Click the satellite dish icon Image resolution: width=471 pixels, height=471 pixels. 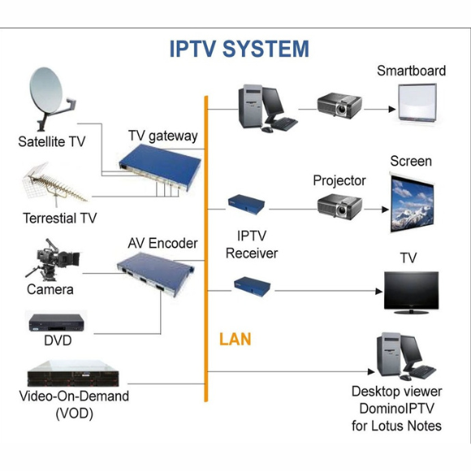pyautogui.click(x=51, y=97)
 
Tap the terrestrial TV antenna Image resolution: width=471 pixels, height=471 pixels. pyautogui.click(x=54, y=184)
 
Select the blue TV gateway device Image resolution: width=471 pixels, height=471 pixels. pyautogui.click(x=160, y=166)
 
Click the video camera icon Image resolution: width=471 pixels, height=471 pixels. pyautogui.click(x=53, y=260)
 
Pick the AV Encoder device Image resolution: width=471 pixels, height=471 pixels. pyautogui.click(x=155, y=274)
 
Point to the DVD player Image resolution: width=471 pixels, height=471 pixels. pyautogui.click(x=57, y=322)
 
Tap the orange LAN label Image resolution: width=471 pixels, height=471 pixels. pyautogui.click(x=235, y=339)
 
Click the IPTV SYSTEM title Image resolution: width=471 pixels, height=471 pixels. pyautogui.click(x=240, y=49)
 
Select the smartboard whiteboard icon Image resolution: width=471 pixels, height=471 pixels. pyautogui.click(x=417, y=103)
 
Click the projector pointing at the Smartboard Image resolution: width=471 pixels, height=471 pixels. pyautogui.click(x=339, y=106)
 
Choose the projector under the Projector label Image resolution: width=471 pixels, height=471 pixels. pyautogui.click(x=339, y=206)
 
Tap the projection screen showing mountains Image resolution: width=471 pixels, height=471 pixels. pyautogui.click(x=413, y=203)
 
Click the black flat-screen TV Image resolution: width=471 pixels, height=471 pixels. pyautogui.click(x=411, y=292)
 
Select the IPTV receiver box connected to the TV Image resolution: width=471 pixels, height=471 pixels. pyautogui.click(x=253, y=287)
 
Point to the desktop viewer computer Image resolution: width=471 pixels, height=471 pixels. pyautogui.click(x=406, y=356)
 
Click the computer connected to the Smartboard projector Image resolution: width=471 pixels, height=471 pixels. pyautogui.click(x=268, y=108)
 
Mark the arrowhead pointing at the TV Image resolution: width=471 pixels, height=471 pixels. pyautogui.click(x=379, y=291)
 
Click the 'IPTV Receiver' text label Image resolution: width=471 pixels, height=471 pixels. pyautogui.click(x=252, y=244)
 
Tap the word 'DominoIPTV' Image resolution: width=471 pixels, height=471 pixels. pyautogui.click(x=397, y=408)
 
